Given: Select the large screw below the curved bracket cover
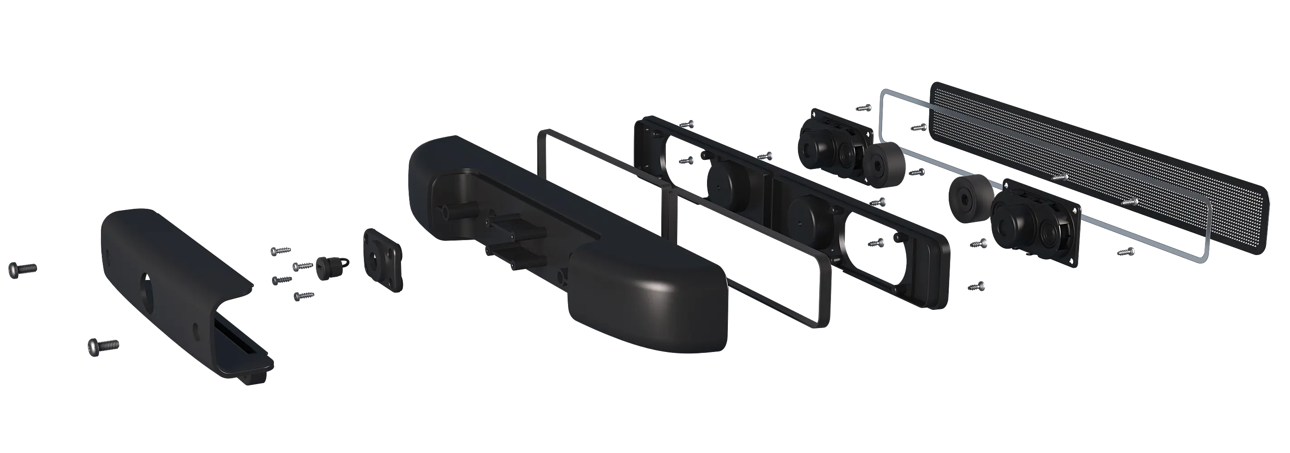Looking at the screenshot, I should [x=103, y=346].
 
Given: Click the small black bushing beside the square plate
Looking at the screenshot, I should [x=329, y=268].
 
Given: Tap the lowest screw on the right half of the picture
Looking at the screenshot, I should [x=975, y=287].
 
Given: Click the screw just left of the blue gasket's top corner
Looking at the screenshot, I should [x=864, y=107].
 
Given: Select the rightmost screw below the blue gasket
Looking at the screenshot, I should [x=1125, y=252].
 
